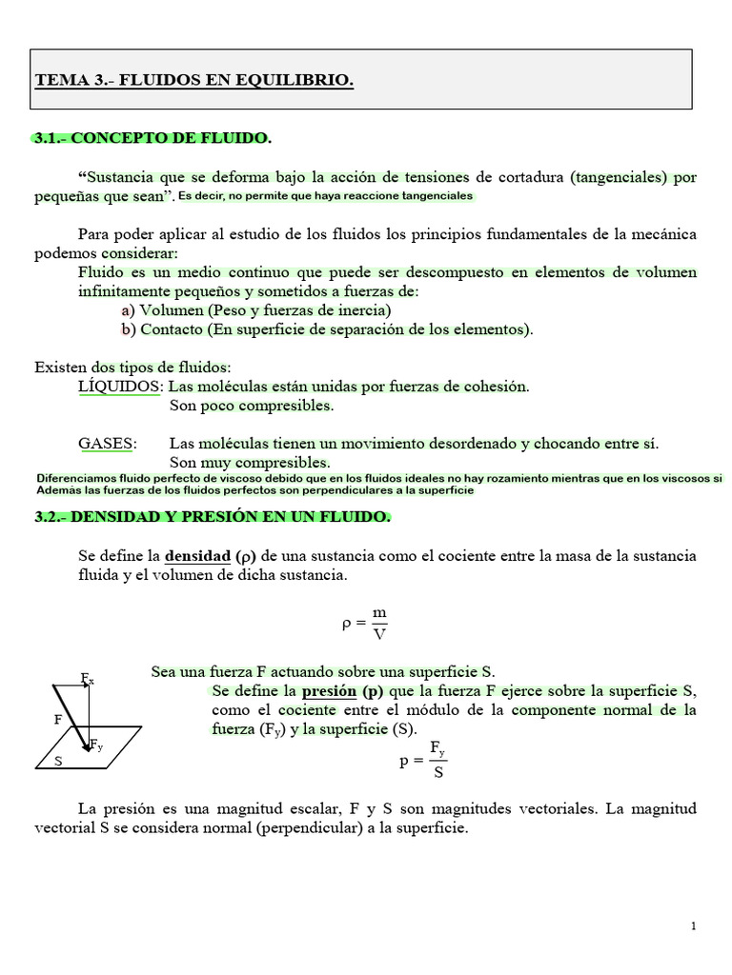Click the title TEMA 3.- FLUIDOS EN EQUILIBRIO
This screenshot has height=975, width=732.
tap(193, 81)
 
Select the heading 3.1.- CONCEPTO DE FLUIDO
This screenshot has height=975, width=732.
tap(152, 139)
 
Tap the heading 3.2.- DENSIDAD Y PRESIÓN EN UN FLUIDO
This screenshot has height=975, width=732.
tap(212, 517)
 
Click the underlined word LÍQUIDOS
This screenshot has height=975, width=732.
tap(120, 387)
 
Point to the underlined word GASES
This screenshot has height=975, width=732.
tap(107, 444)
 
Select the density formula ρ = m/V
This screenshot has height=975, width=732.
tap(365, 625)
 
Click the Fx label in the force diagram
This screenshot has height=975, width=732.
tap(87, 679)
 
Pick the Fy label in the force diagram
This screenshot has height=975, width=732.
tap(97, 745)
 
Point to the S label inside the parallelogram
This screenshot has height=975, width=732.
tap(58, 762)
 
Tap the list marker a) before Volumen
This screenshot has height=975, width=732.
tap(128, 310)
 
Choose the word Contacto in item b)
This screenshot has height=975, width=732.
tap(173, 329)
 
